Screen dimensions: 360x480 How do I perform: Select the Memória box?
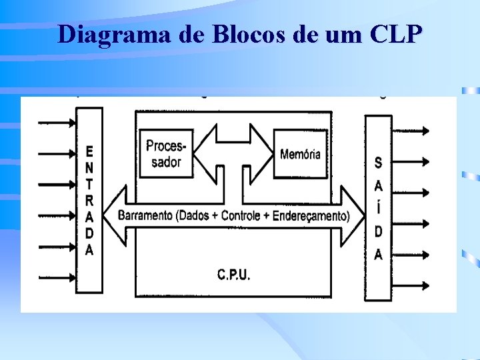click(x=300, y=154)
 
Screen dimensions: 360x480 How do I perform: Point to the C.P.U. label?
click(x=234, y=274)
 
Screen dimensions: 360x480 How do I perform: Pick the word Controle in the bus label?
click(x=245, y=215)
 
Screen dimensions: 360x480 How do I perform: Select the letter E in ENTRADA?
click(x=90, y=151)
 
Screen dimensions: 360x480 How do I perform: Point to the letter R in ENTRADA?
click(x=90, y=200)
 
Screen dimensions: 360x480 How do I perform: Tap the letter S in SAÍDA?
click(x=379, y=162)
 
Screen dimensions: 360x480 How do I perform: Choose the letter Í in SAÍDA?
click(x=379, y=207)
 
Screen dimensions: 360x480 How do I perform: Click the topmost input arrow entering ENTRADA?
click(x=59, y=123)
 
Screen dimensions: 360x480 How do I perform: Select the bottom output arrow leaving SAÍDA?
click(x=413, y=286)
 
